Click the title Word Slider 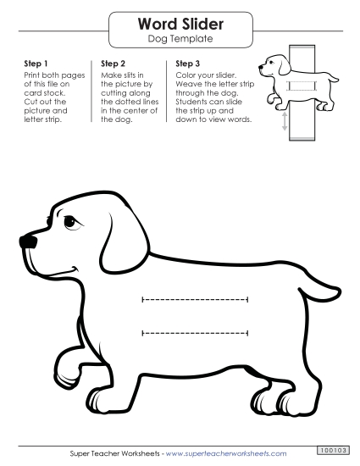click(180, 25)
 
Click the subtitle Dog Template click(180, 39)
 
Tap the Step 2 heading click(113, 64)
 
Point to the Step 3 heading click(188, 64)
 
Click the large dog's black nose click(28, 241)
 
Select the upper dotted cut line click(196, 299)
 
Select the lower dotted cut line click(196, 332)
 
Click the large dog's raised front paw click(66, 373)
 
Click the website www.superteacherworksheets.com click(226, 454)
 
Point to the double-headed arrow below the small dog click(285, 123)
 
